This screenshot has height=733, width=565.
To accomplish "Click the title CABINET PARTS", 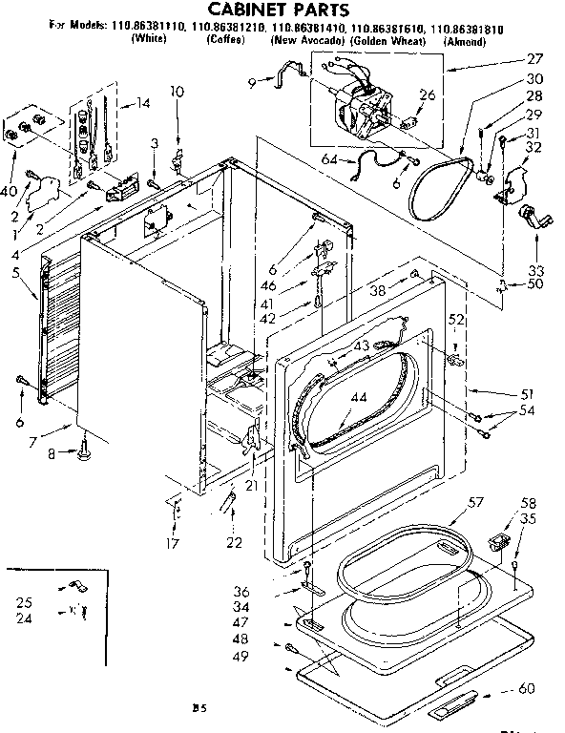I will click(282, 10).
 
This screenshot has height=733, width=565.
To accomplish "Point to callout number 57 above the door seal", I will click(477, 502).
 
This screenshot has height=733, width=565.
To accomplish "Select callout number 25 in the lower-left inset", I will click(25, 602).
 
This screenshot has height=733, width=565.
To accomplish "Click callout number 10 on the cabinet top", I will click(178, 92).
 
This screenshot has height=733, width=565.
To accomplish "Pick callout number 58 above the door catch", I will click(528, 503).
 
